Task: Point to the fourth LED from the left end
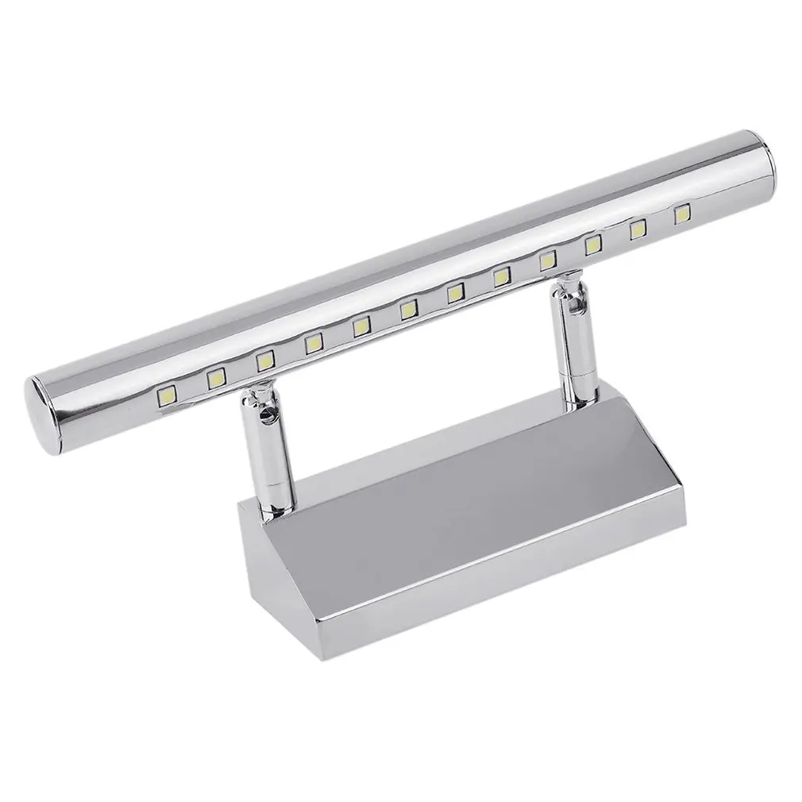click(x=313, y=343)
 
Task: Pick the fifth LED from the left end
click(x=361, y=326)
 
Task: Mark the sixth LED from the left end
click(x=409, y=309)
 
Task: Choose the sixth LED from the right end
click(x=456, y=293)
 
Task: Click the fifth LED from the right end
click(x=502, y=277)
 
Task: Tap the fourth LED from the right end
click(x=548, y=261)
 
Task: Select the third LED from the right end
click(x=593, y=245)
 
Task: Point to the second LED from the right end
click(x=638, y=230)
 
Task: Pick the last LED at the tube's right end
click(x=682, y=215)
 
